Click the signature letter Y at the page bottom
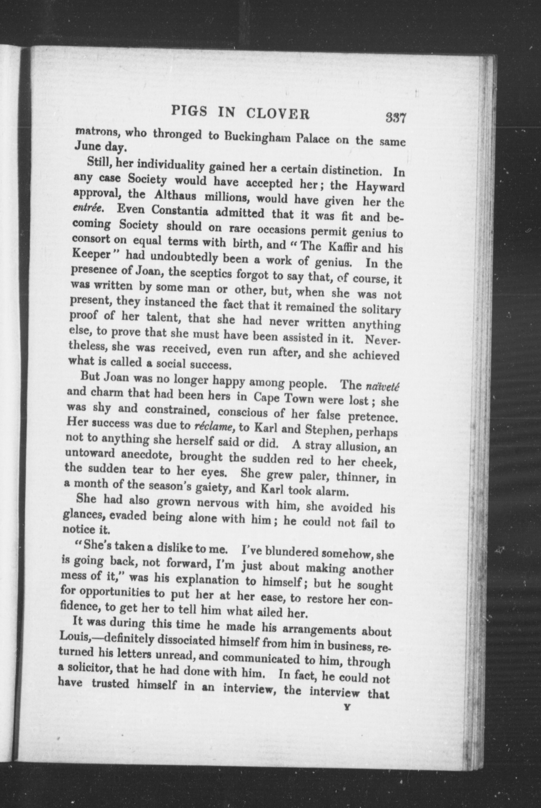tap(347, 707)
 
